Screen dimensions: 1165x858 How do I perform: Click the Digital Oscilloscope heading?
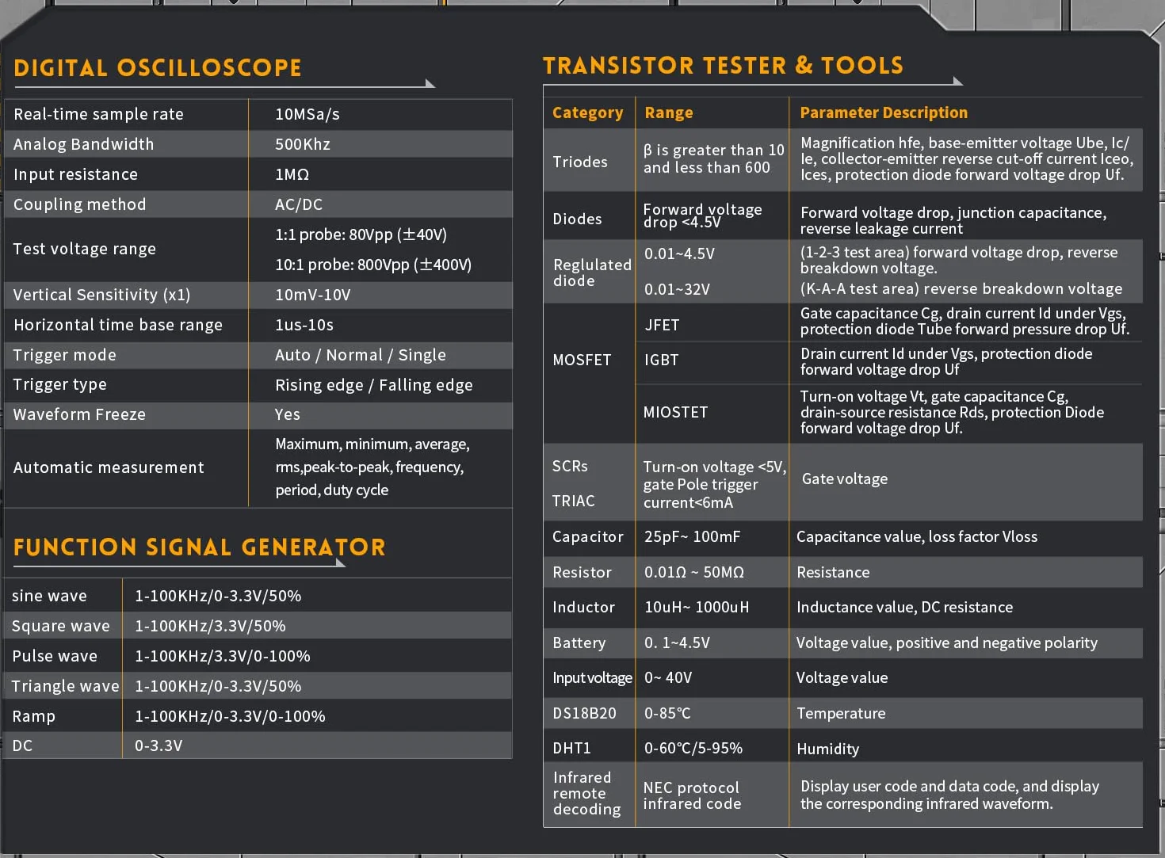158,67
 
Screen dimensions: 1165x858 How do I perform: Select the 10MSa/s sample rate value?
307,114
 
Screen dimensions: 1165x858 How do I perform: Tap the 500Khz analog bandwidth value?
302,144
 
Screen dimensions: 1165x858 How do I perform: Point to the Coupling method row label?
79,204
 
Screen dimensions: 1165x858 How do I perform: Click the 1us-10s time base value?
304,325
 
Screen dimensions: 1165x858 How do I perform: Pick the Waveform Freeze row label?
79,414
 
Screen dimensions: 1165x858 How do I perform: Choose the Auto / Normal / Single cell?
360,355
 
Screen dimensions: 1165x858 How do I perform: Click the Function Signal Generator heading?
200,547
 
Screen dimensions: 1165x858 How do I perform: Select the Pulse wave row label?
55,656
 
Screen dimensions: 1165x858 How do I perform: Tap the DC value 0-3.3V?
159,746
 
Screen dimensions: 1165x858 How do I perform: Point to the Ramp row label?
33,716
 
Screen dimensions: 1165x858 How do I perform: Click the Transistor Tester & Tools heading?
723,66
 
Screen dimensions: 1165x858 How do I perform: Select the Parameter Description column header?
884,112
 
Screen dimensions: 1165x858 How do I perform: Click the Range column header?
669,112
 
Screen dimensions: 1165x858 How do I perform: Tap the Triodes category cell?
580,162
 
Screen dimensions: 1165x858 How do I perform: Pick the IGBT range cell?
661,360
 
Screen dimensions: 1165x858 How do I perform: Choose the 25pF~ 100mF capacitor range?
692,536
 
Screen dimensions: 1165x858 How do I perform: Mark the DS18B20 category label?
584,713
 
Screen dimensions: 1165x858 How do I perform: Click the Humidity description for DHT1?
827,749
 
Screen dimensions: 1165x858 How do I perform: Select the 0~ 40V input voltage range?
668,677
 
